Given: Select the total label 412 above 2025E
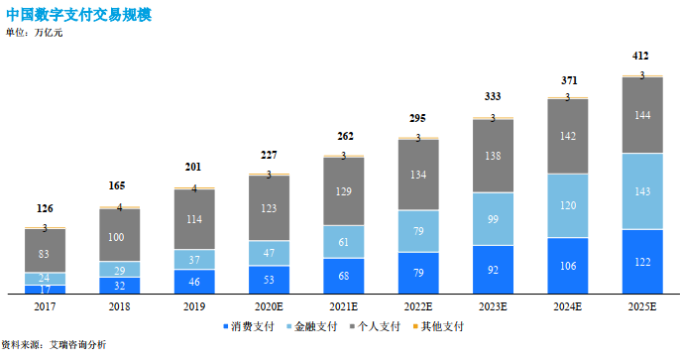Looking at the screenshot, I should [641, 56].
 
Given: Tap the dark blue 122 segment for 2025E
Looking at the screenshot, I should [641, 261].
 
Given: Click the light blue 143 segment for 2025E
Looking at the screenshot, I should [641, 191].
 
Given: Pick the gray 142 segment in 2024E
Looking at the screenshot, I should [567, 136].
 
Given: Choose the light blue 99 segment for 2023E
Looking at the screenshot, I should [493, 218].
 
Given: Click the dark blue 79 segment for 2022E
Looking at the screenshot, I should [418, 273].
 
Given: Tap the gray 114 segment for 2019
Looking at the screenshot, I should [194, 218].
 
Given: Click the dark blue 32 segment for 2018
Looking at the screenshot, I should [120, 285].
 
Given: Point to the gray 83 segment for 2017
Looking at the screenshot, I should [46, 254].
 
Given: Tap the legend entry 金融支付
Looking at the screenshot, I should [313, 325].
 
